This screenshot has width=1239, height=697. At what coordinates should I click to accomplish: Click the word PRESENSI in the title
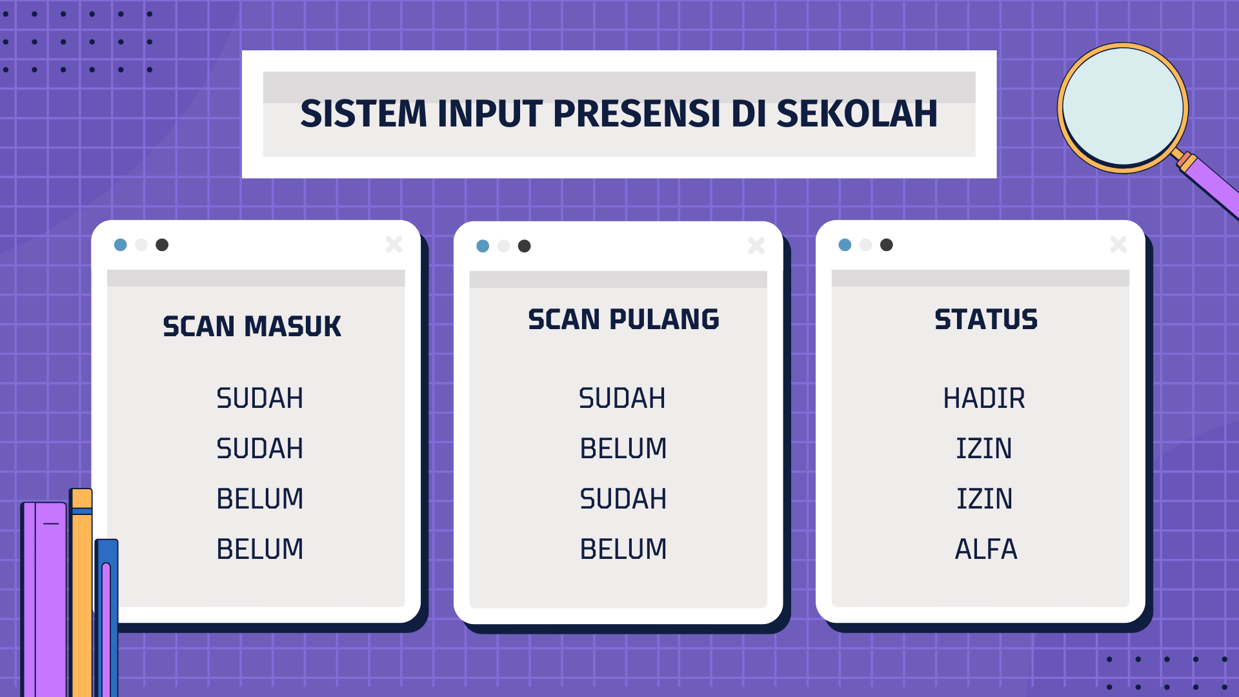pos(636,114)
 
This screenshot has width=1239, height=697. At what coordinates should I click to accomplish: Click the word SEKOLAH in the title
pos(856,114)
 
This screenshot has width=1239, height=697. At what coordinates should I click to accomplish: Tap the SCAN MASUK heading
pos(252,327)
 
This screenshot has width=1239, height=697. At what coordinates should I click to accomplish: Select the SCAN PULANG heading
pos(623,319)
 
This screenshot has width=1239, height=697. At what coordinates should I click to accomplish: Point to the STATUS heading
pos(986,319)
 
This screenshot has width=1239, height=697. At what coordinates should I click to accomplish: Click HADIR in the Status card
pos(984,398)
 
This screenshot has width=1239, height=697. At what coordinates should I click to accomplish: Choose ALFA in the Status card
pos(986,549)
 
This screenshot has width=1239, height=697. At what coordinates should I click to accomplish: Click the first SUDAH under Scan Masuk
pos(259,398)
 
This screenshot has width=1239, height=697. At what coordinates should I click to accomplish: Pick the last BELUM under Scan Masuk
pos(259,549)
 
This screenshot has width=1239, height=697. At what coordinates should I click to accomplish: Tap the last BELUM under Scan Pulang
pos(623,549)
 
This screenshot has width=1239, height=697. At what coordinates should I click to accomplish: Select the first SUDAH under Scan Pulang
pos(622,398)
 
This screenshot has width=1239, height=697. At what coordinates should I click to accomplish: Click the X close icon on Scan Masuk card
pos(394,245)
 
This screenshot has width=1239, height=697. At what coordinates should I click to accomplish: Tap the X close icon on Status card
pos(1119,245)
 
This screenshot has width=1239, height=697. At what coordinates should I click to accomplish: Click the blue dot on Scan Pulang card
pos(483,246)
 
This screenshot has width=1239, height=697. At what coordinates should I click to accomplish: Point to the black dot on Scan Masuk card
pos(162,245)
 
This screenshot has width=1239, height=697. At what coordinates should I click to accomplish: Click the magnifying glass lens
pos(1123,108)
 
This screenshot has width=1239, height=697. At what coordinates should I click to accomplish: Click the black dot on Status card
pos(887,245)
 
